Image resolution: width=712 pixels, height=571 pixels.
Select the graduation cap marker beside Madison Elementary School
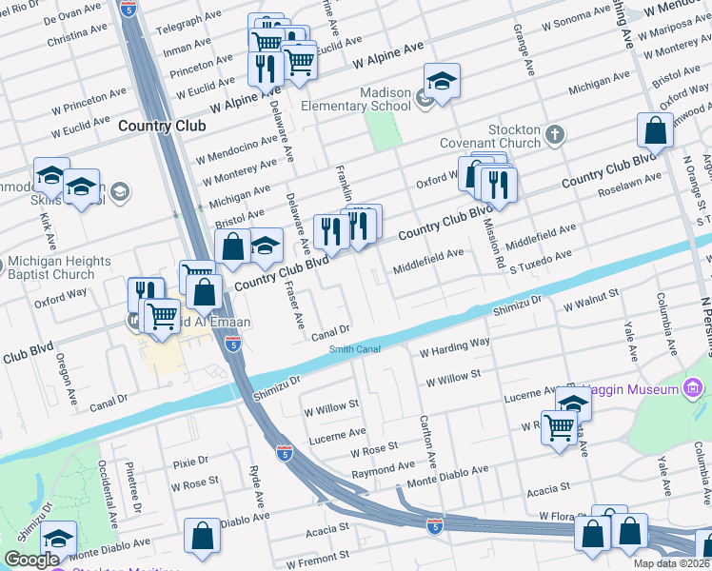click(x=442, y=81)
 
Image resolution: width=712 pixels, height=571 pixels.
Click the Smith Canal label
click(x=355, y=349)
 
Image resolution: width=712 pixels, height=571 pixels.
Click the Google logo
click(x=31, y=560)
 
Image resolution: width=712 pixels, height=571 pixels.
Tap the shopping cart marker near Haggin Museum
click(x=559, y=427)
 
